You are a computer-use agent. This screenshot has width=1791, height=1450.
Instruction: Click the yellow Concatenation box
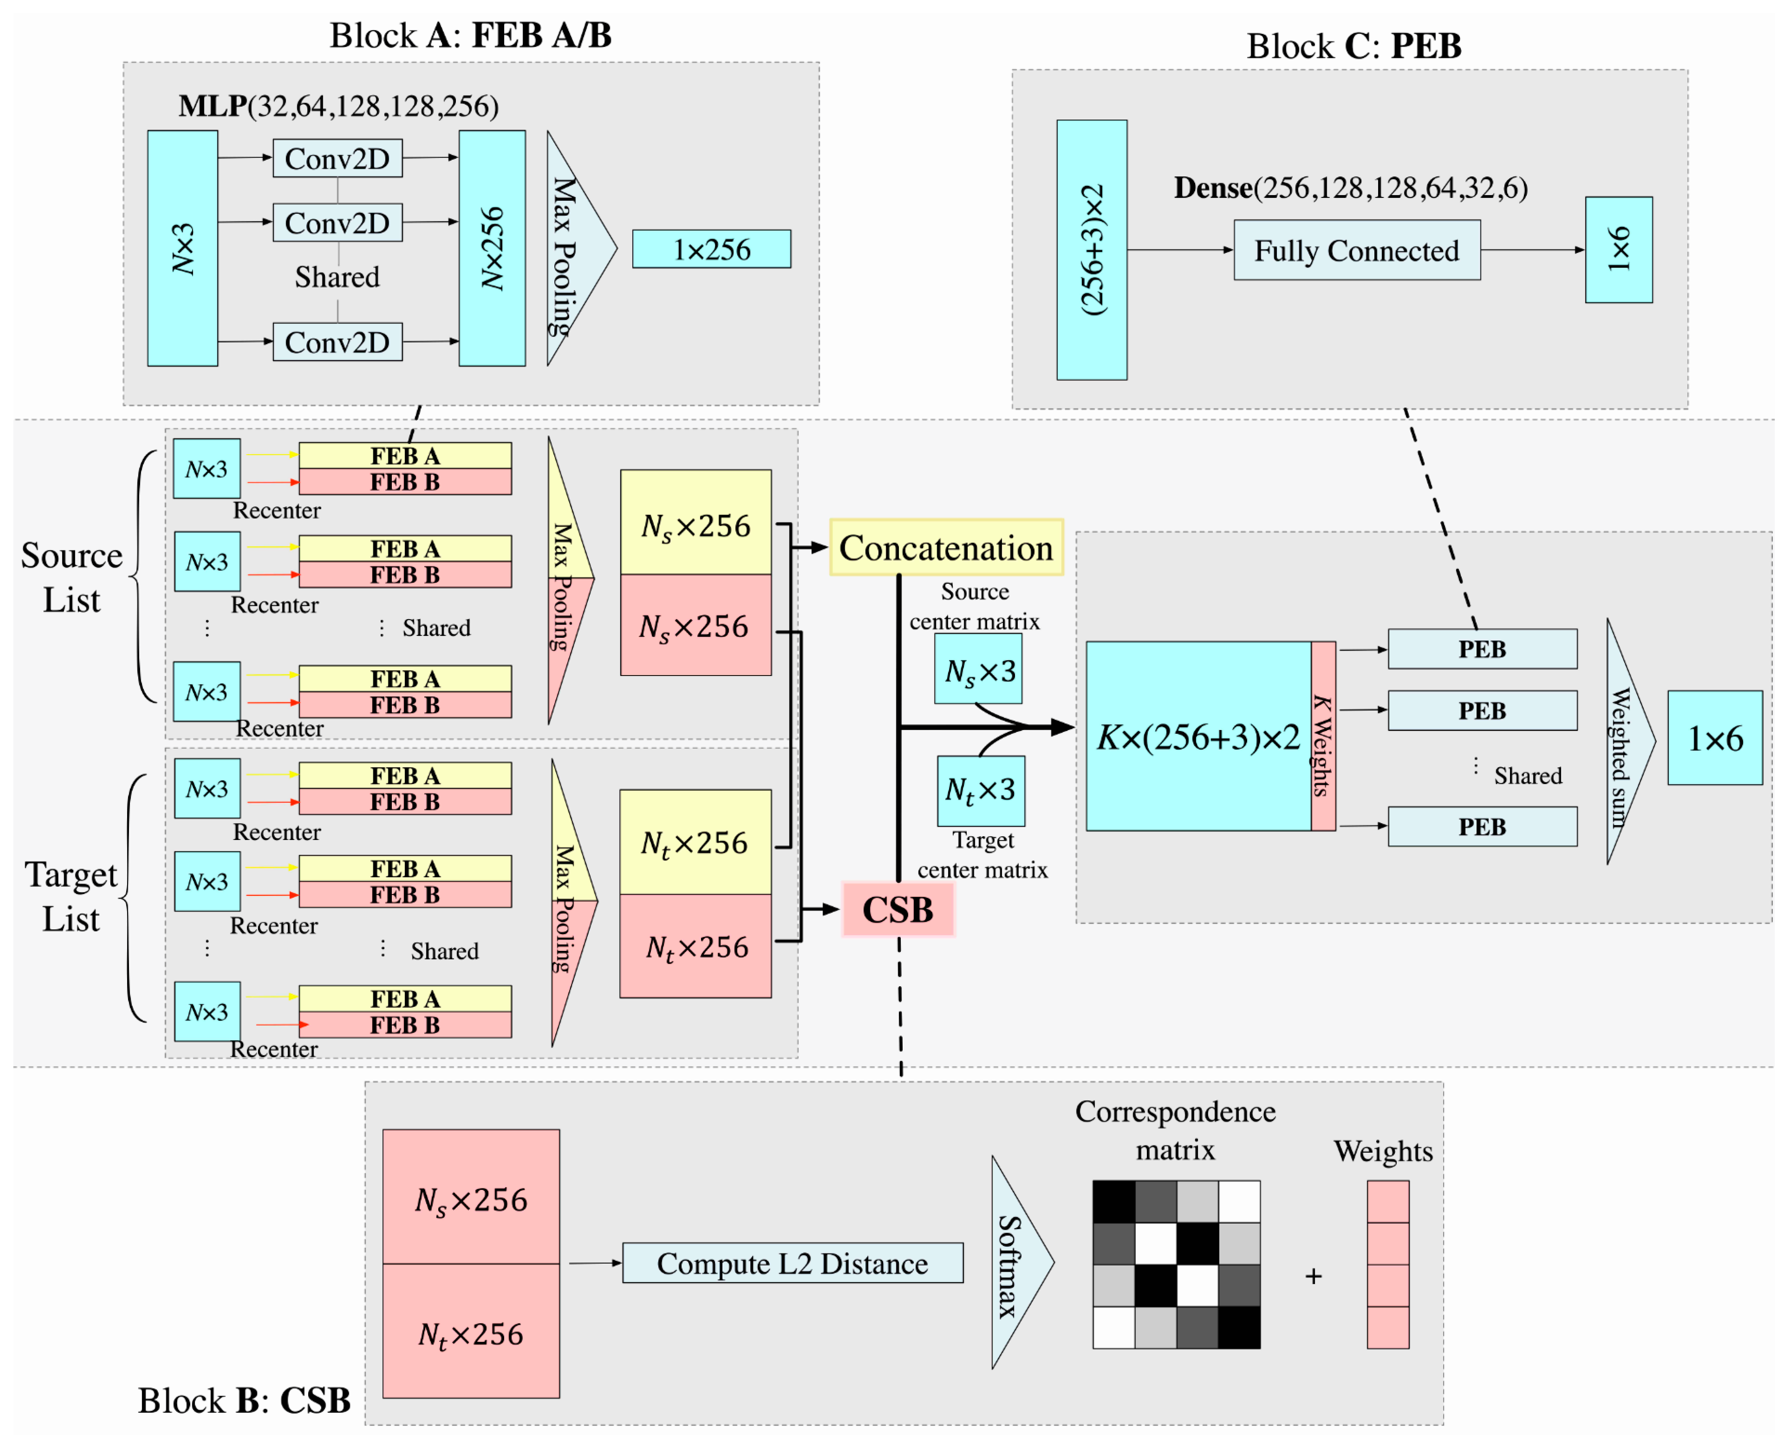point(946,548)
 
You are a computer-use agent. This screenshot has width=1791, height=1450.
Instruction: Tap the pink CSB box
point(897,910)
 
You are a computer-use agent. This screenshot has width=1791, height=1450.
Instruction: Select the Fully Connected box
point(1356,251)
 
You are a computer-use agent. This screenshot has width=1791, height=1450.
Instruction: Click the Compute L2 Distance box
point(792,1263)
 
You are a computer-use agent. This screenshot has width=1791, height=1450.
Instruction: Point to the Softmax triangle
point(1014,1263)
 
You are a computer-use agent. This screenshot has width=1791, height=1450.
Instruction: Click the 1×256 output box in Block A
point(712,249)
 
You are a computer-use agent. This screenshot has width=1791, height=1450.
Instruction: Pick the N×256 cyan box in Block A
point(492,248)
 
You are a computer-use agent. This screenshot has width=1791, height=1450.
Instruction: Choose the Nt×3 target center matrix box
point(980,790)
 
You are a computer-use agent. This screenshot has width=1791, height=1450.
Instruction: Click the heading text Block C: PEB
point(1353,46)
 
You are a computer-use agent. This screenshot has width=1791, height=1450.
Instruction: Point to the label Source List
point(72,577)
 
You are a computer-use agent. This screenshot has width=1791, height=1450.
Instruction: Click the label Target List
point(72,896)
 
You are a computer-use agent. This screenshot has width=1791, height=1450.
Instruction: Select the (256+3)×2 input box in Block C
point(1091,250)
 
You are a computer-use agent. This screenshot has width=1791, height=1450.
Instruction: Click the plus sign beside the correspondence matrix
point(1314,1276)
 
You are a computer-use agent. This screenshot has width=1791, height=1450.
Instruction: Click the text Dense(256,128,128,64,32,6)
point(1350,188)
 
